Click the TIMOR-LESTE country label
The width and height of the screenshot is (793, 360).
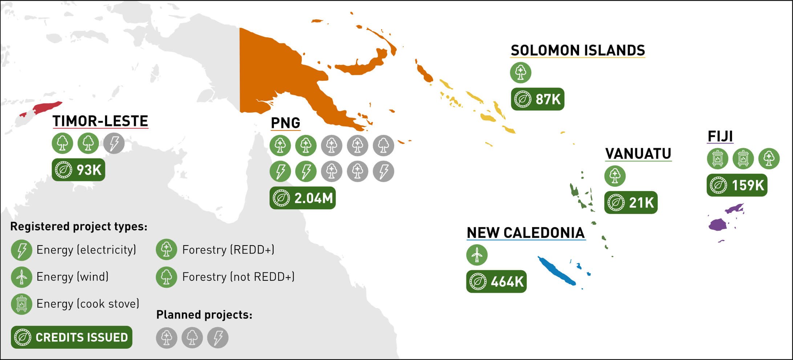click(100, 121)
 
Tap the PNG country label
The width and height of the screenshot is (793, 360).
click(286, 123)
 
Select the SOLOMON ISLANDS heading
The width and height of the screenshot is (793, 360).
click(578, 50)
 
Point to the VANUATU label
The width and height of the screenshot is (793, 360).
click(638, 154)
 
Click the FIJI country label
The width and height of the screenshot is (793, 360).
click(720, 136)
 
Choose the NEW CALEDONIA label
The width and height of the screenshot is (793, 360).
click(526, 233)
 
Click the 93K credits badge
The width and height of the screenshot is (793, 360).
click(78, 170)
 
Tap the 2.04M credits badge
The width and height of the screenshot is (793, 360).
click(302, 198)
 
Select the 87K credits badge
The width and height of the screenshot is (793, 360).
click(537, 99)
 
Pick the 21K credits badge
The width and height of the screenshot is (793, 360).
click(631, 202)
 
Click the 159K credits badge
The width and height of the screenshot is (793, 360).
click(737, 185)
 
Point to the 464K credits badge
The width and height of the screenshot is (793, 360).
click(496, 281)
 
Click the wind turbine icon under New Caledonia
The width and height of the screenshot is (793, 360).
click(477, 255)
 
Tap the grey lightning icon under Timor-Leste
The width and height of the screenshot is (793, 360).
click(114, 143)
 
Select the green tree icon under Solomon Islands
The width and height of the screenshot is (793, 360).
click(521, 72)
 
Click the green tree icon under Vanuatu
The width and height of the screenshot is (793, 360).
click(615, 176)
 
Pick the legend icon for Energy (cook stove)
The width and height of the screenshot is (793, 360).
click(21, 304)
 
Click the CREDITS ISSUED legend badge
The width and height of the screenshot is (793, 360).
click(72, 337)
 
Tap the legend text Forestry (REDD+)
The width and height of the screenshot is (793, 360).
click(228, 250)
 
